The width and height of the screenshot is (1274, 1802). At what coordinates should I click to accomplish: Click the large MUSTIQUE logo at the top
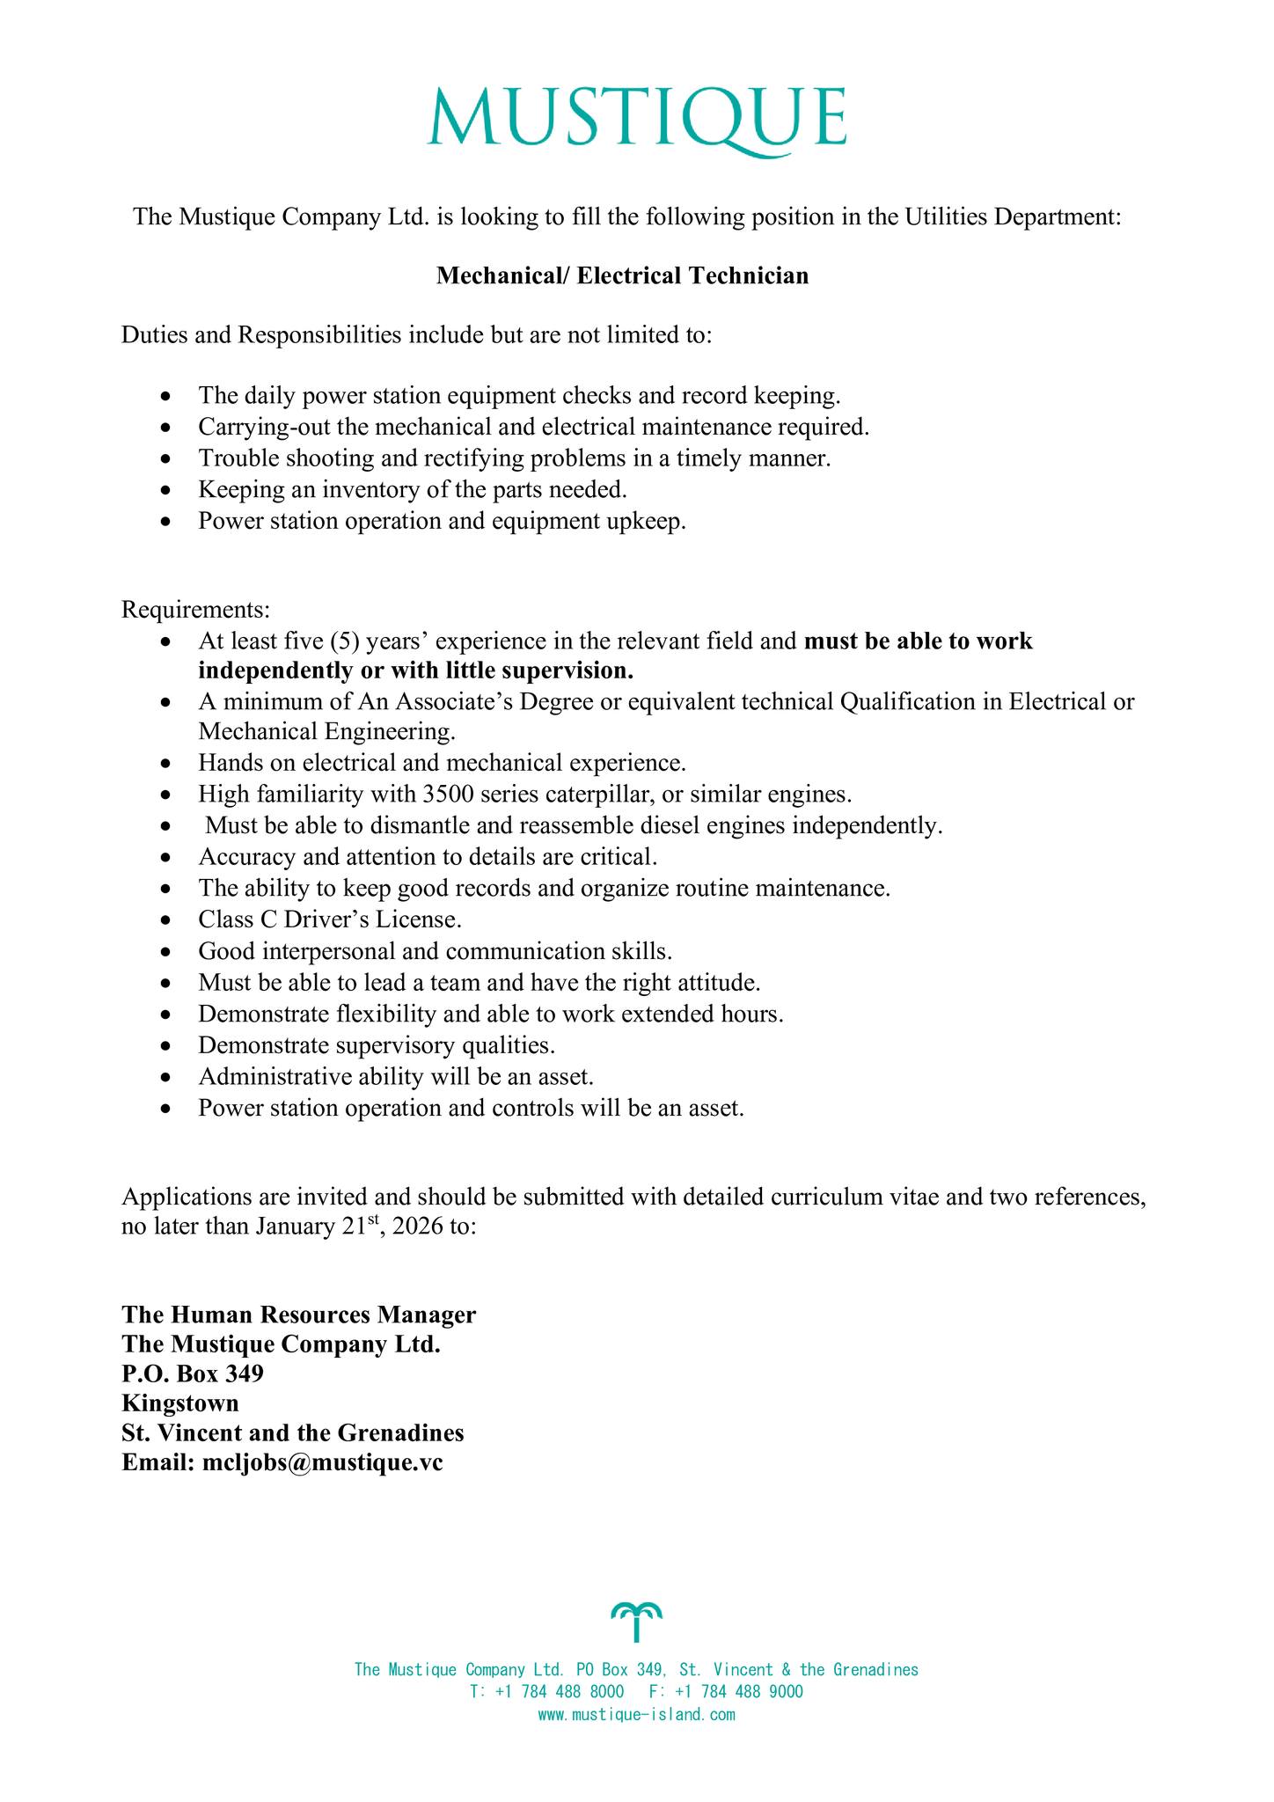pos(637,118)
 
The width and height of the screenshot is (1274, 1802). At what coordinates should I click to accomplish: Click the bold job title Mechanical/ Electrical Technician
pos(623,276)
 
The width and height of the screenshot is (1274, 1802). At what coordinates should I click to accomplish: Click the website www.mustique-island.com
pos(636,1715)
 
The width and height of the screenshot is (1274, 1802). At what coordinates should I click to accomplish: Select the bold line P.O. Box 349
pos(193,1373)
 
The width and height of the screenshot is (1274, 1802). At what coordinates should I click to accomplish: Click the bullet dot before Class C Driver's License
pos(167,921)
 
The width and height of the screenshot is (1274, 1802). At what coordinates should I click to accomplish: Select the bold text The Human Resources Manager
pos(299,1315)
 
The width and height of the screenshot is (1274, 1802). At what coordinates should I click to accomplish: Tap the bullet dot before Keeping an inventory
pos(167,490)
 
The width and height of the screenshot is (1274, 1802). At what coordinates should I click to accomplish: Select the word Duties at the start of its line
pos(150,335)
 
